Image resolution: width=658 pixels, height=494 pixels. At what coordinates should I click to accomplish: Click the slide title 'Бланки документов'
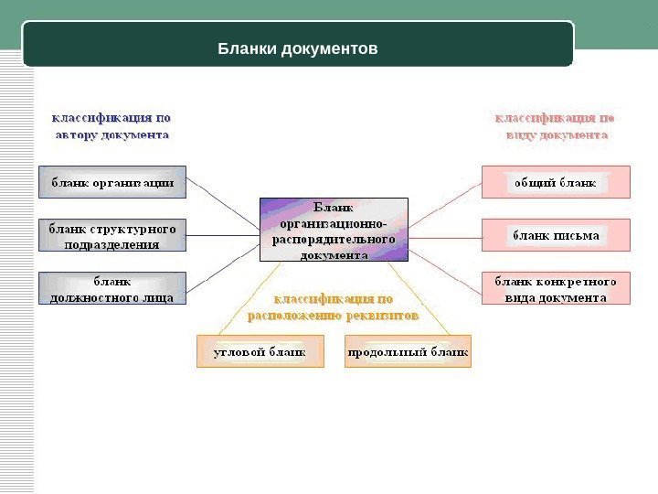click(298, 48)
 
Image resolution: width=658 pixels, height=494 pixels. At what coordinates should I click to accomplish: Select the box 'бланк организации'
click(111, 182)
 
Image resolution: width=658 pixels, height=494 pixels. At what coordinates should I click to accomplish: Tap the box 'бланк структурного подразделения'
click(111, 235)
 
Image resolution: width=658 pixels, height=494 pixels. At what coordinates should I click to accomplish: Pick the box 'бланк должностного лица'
click(111, 288)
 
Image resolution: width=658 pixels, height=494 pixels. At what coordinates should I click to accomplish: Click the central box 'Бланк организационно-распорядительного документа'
click(334, 231)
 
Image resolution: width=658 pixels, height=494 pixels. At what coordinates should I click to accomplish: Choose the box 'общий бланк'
click(556, 182)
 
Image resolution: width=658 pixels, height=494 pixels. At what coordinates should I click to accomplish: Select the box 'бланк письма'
click(556, 235)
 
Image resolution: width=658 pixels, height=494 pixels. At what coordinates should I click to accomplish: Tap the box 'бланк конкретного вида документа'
click(556, 288)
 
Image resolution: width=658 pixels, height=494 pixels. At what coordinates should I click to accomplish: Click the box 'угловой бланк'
click(261, 351)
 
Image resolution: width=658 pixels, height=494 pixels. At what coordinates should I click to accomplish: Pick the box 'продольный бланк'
click(408, 351)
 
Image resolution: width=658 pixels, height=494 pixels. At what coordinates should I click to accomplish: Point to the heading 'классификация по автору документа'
click(110, 126)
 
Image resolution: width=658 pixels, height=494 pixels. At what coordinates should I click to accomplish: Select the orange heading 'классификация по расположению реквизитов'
click(334, 306)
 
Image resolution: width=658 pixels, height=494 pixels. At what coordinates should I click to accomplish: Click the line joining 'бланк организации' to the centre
click(223, 203)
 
